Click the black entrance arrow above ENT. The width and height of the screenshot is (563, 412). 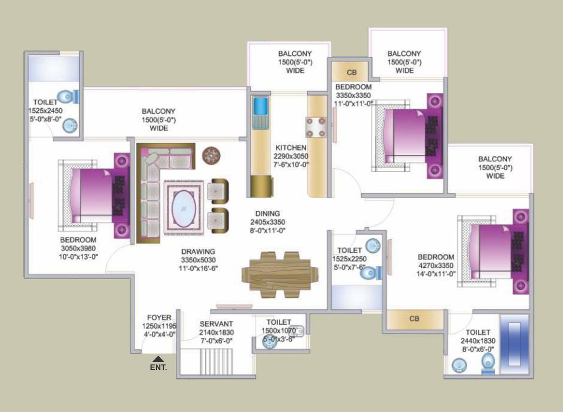(158, 359)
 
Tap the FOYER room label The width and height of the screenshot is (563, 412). (159, 318)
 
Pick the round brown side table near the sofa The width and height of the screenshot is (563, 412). (212, 156)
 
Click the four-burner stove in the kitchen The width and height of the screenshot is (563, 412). (315, 126)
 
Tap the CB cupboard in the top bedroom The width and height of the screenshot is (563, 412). (351, 72)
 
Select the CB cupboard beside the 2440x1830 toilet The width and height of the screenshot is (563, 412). (414, 319)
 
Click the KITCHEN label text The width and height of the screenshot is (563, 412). (291, 148)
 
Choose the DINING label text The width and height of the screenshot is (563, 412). (268, 214)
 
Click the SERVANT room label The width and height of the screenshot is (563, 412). (216, 324)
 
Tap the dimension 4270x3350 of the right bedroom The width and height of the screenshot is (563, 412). (435, 265)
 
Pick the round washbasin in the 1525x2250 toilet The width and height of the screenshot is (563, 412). (373, 245)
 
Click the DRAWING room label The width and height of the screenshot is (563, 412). (198, 251)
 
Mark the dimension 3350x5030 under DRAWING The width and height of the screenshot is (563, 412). (198, 260)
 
